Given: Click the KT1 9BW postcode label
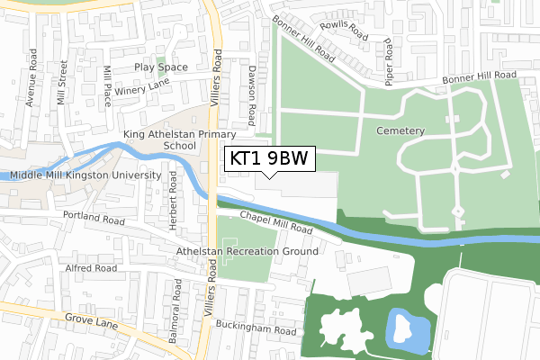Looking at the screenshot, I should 268,159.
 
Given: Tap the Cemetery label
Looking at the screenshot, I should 400,130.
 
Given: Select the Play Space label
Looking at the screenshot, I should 161,67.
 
